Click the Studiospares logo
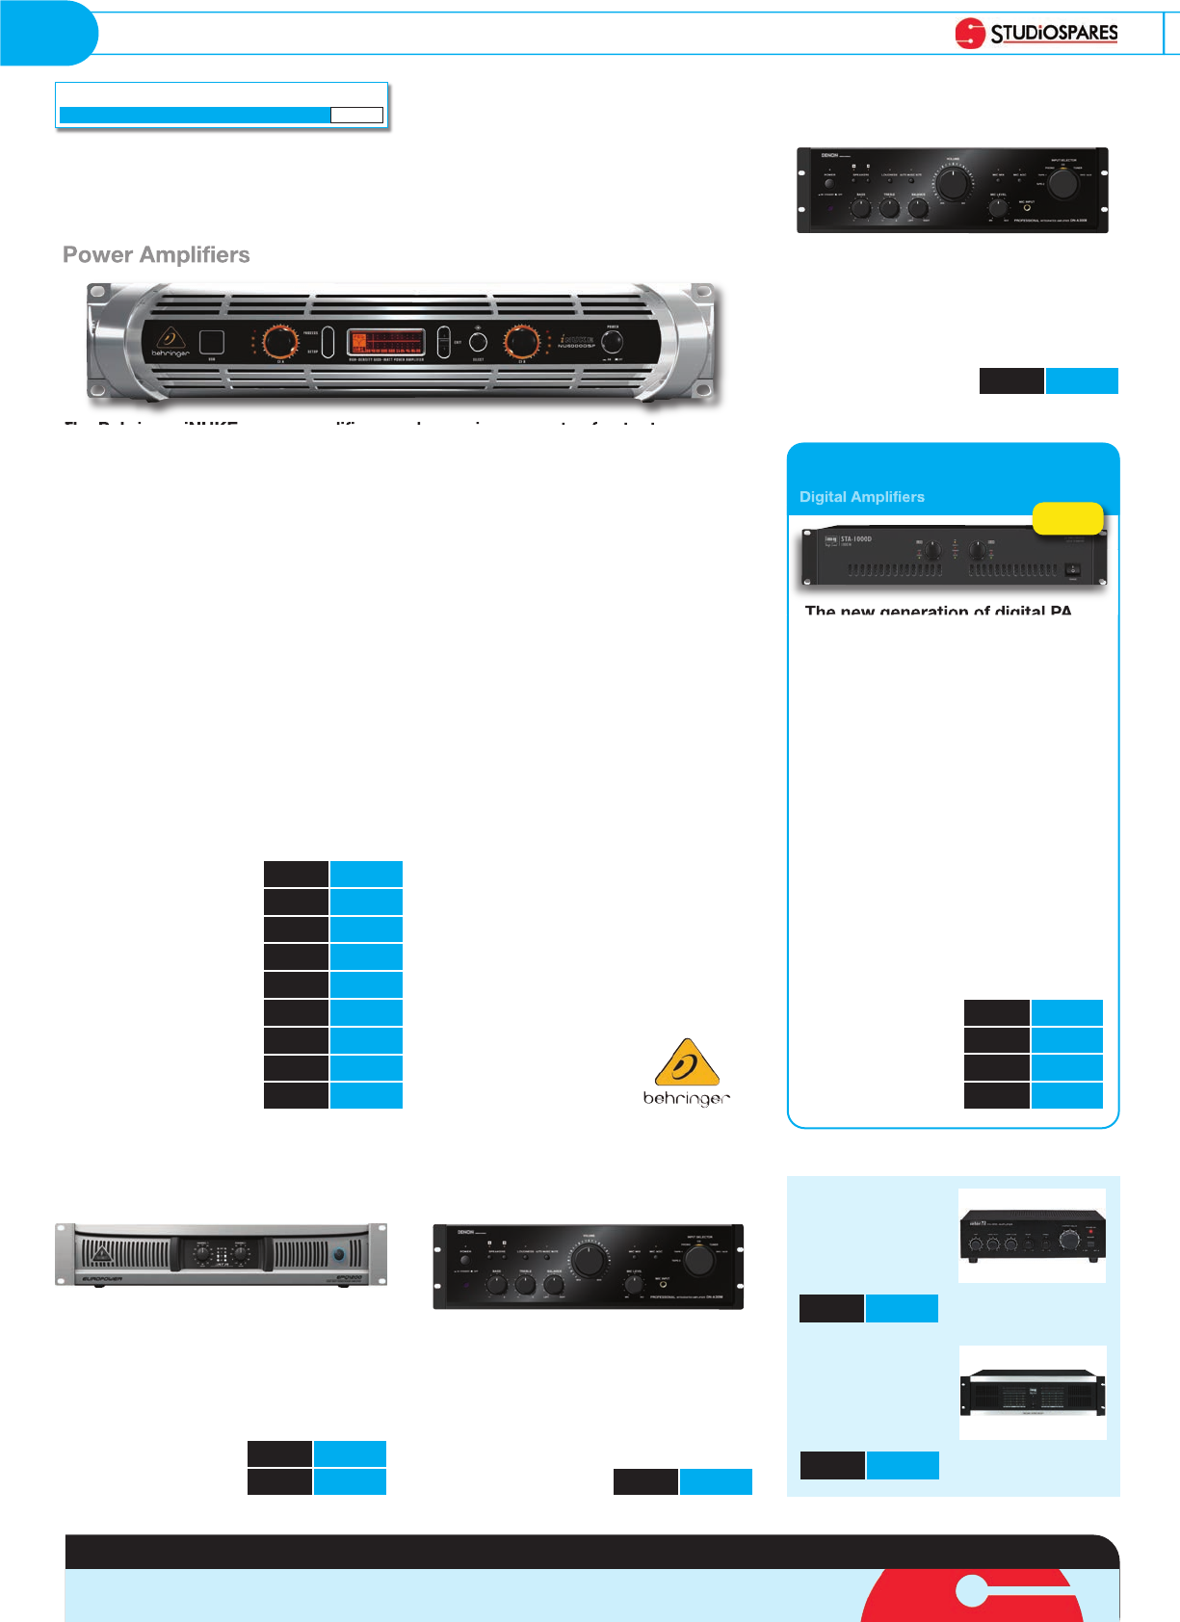pyautogui.click(x=1036, y=33)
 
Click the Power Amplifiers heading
pyautogui.click(x=156, y=255)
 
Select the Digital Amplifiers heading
pyautogui.click(x=862, y=497)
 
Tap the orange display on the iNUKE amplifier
pyautogui.click(x=385, y=342)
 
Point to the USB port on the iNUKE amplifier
pyautogui.click(x=212, y=342)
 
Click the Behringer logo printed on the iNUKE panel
pyautogui.click(x=170, y=342)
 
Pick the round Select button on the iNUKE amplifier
pyautogui.click(x=478, y=342)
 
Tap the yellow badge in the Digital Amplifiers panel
pyautogui.click(x=1067, y=518)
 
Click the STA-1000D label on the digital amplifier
pyautogui.click(x=856, y=539)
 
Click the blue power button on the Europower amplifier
pyautogui.click(x=339, y=1256)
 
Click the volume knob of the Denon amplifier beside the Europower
pyautogui.click(x=589, y=1259)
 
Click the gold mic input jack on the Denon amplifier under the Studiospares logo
pyautogui.click(x=1027, y=207)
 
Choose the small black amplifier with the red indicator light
pyautogui.click(x=1033, y=1237)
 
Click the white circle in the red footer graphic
pyautogui.click(x=972, y=1590)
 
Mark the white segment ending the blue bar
pyautogui.click(x=356, y=116)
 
